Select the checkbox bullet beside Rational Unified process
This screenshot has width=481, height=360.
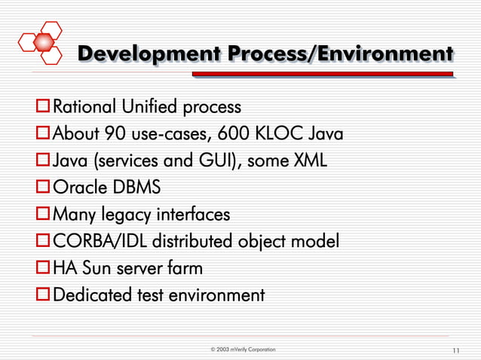click(44, 106)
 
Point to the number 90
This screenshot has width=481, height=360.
click(113, 135)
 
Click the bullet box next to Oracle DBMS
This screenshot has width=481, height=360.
click(44, 188)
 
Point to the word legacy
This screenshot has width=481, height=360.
click(126, 215)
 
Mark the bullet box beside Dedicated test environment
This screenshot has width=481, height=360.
click(44, 294)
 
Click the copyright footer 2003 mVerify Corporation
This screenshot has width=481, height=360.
click(243, 350)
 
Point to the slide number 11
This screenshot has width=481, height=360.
click(455, 351)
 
